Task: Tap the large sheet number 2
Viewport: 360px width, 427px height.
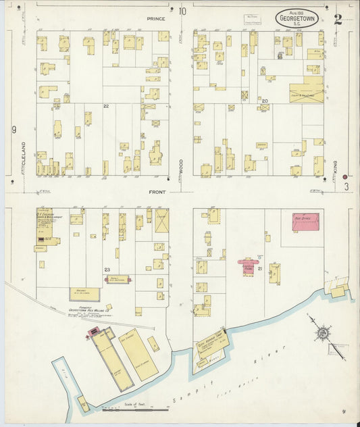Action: tap(338, 18)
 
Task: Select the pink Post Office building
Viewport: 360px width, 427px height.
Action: tap(305, 222)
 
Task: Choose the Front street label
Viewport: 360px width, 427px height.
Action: tap(157, 192)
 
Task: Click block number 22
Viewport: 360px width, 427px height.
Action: tap(106, 106)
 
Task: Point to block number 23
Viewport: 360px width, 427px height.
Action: tap(107, 270)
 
